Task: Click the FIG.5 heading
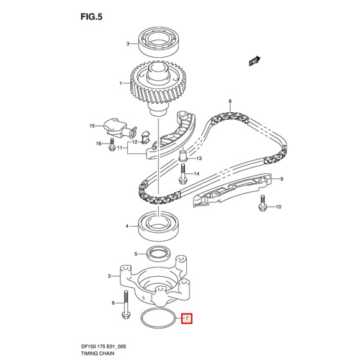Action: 91,17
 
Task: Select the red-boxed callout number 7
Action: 186,320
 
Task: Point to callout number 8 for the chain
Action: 230,102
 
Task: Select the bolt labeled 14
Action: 184,174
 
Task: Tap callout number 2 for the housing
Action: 109,276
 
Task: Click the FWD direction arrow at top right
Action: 253,61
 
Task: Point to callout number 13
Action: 199,158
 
